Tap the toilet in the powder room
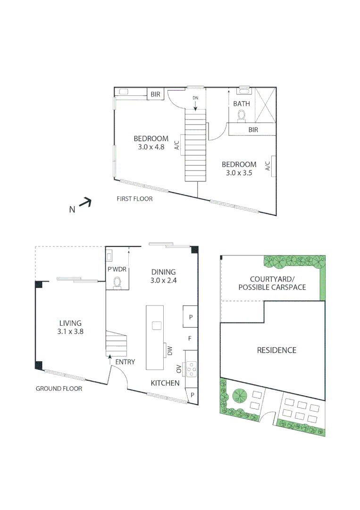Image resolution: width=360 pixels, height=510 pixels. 117,282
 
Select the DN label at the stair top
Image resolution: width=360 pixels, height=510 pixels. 195,98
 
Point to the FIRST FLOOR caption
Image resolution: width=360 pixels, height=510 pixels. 134,199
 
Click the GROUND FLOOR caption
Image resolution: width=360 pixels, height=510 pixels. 59,389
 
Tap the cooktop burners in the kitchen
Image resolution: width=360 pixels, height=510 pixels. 192,368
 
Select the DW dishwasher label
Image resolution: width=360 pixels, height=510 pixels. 169,350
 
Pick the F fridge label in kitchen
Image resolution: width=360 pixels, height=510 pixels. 190,339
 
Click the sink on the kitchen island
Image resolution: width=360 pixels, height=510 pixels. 156,325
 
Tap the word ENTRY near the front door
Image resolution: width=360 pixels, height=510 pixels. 125,362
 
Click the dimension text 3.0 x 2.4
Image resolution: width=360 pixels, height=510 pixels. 163,280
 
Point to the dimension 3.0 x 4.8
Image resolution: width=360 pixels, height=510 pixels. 151,147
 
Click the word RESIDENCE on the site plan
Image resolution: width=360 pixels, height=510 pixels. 276,350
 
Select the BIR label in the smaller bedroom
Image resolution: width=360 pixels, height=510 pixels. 253,130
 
